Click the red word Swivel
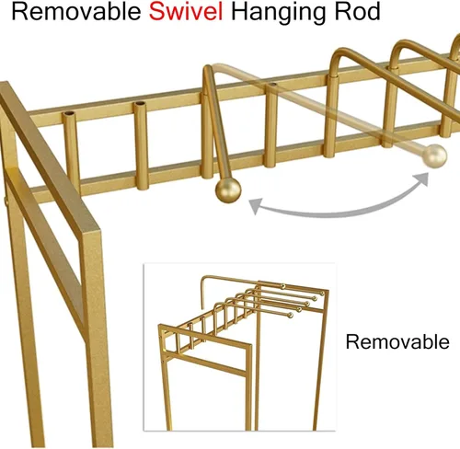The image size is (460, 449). (x=186, y=11)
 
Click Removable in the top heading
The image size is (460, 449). (x=76, y=11)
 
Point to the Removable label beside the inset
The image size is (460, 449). (x=397, y=341)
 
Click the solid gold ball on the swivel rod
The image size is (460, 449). (x=228, y=190)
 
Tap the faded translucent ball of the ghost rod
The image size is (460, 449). (x=434, y=155)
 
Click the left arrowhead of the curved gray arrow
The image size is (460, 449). (x=255, y=205)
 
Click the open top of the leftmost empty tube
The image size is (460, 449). (x=69, y=113)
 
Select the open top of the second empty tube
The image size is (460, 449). (x=140, y=104)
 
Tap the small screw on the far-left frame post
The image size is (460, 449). (x=6, y=201)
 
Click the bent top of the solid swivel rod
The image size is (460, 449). (x=208, y=70)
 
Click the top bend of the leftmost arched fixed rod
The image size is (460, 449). (x=341, y=52)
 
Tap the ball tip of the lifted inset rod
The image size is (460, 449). (x=282, y=286)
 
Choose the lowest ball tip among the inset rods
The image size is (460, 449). (x=290, y=315)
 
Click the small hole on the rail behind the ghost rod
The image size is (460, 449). (x=273, y=84)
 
